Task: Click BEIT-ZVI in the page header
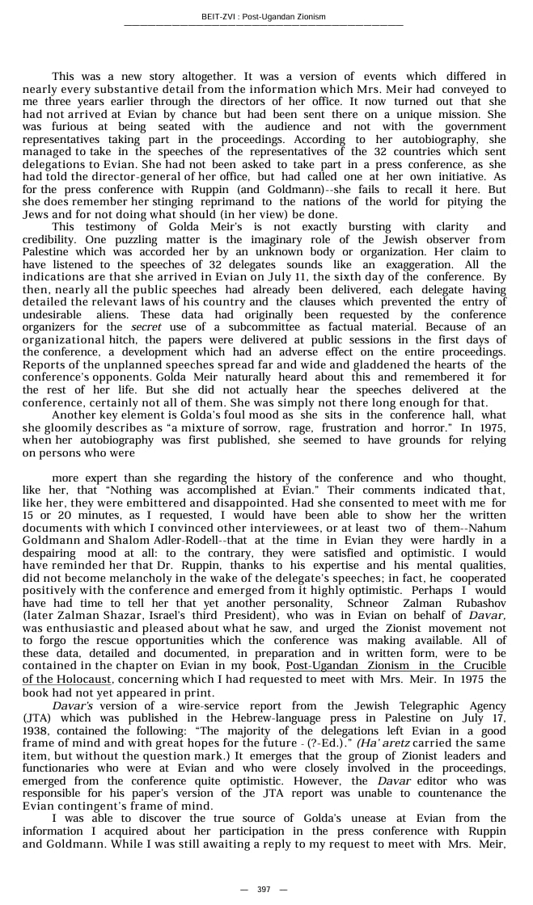[220, 17]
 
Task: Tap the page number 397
[264, 890]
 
